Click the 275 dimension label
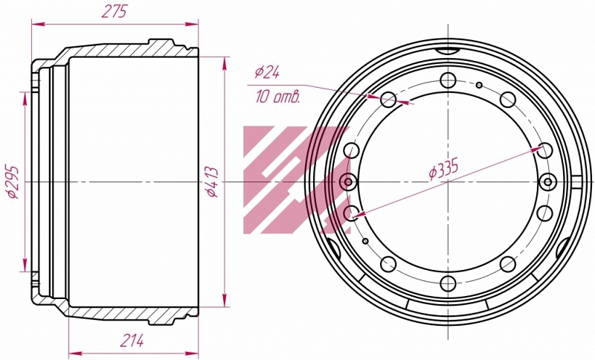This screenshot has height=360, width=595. (x=114, y=12)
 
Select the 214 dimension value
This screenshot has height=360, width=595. (x=132, y=340)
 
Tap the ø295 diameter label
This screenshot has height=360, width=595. (x=13, y=181)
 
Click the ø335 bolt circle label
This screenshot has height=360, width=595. (x=444, y=168)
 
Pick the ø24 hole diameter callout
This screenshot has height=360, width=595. (x=267, y=71)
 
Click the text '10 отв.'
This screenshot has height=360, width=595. (x=277, y=97)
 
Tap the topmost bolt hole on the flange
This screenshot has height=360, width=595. (x=448, y=80)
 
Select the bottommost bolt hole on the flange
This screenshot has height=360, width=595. (x=448, y=283)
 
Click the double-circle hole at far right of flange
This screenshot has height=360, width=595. (x=548, y=182)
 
